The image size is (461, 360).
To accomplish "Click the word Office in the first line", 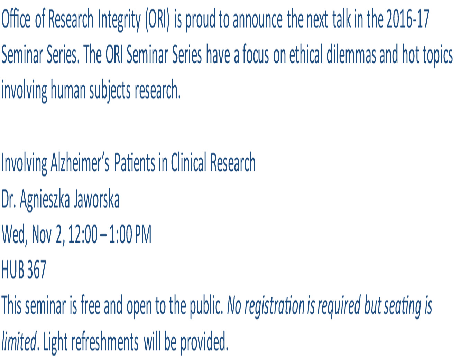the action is coord(16,19).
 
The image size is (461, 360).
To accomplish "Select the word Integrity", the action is coord(119,20).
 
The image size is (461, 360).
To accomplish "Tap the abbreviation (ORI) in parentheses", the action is coord(157,20).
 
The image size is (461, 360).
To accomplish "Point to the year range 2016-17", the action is coord(408,19).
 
